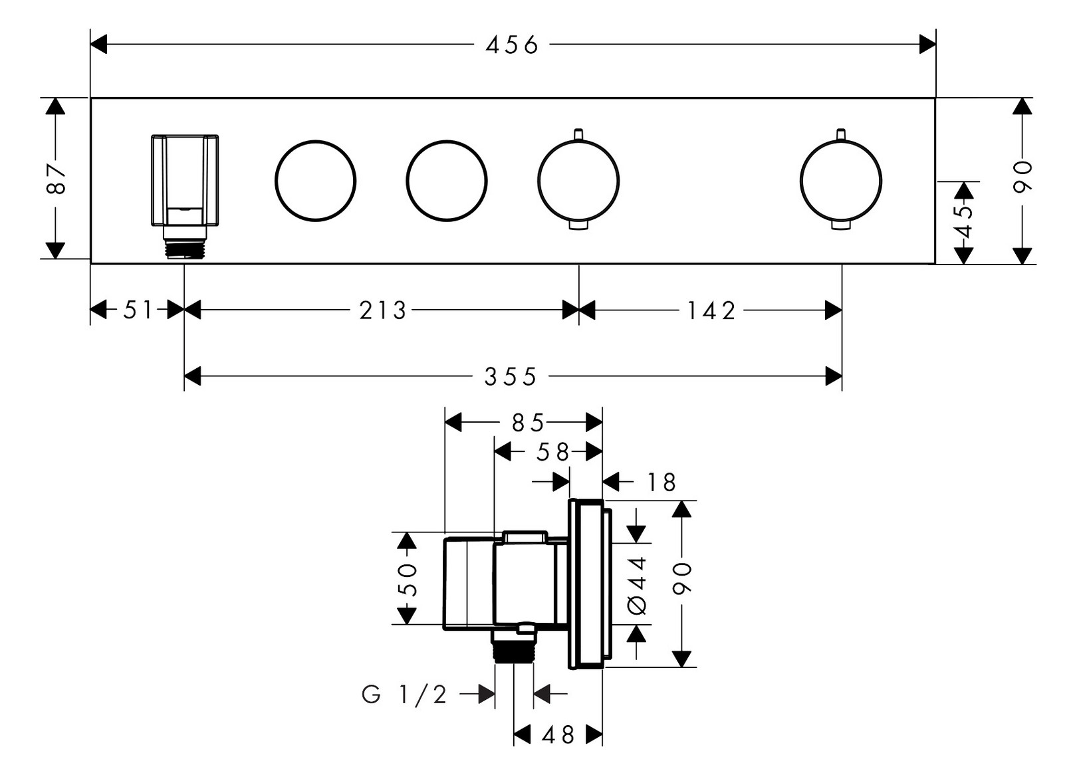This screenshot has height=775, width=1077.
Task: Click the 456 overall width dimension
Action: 511,45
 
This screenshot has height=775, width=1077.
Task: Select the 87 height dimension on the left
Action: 57,178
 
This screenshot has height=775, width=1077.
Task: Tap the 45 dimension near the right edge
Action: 963,221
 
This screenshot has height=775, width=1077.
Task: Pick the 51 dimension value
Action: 138,310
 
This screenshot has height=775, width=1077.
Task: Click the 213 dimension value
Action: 382,310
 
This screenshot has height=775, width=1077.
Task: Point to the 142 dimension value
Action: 711,310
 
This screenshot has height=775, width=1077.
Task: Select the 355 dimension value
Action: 510,377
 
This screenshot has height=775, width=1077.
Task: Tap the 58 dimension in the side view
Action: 553,453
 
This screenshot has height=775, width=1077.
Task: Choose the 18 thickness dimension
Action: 661,482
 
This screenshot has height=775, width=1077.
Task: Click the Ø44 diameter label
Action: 637,586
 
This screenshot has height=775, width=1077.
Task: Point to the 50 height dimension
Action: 406,579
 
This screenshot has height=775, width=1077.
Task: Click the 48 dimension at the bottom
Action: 558,735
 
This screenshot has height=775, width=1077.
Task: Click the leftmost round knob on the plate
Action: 315,181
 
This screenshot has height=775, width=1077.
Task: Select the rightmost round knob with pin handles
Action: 841,181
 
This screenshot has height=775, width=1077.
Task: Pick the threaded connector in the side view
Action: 513,646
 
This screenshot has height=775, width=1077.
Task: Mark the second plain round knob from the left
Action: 447,181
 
